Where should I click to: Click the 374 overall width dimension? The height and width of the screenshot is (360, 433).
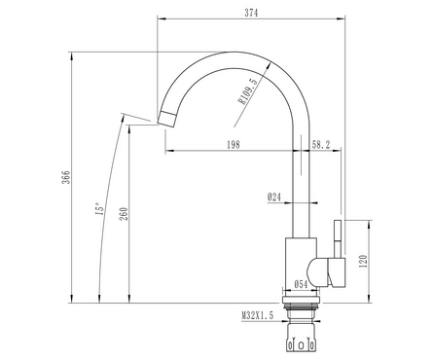click(x=251, y=13)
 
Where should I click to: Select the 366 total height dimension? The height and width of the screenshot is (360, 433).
click(x=66, y=177)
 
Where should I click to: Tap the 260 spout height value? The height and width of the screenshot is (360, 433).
click(x=124, y=214)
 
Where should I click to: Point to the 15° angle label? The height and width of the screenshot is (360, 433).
click(x=100, y=208)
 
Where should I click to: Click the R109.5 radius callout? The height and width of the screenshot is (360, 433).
click(x=249, y=91)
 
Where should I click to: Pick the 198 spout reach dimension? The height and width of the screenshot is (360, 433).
click(x=234, y=145)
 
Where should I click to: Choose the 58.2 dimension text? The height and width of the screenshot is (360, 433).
click(x=321, y=145)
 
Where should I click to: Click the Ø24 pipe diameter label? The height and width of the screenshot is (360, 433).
click(x=274, y=197)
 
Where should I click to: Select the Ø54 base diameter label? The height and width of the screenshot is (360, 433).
click(x=301, y=284)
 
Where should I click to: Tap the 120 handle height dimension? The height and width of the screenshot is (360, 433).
click(x=364, y=262)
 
